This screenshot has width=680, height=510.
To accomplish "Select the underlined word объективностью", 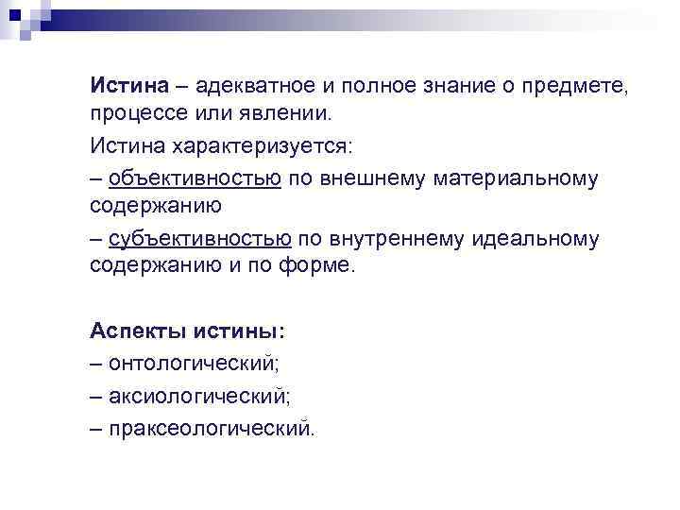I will click(195, 178).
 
